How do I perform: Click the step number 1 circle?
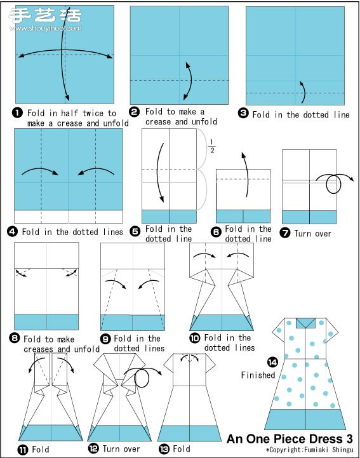[18, 112]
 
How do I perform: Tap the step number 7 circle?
[285, 232]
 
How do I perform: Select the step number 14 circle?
[272, 363]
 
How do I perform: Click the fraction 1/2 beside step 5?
[212, 146]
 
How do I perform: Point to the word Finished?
[258, 375]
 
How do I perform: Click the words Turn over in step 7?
[313, 234]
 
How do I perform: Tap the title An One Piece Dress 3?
[290, 439]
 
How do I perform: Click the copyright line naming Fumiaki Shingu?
[309, 450]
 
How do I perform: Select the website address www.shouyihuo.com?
[46, 29]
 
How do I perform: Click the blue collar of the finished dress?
[305, 323]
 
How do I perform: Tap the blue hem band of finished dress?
[305, 419]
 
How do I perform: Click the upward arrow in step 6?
[247, 175]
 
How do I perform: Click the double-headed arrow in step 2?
[190, 81]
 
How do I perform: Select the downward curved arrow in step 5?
[157, 172]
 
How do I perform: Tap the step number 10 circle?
[195, 338]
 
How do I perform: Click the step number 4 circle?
[12, 232]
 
